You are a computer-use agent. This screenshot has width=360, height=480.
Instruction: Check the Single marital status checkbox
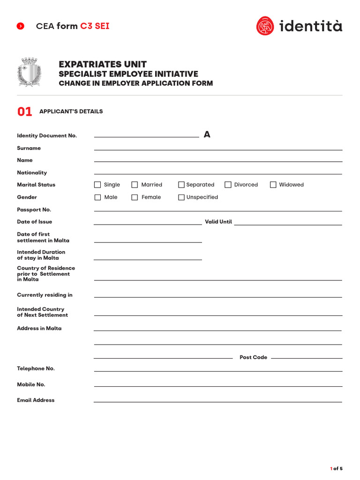pyautogui.click(x=97, y=185)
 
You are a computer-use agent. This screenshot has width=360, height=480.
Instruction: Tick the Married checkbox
pyautogui.click(x=135, y=185)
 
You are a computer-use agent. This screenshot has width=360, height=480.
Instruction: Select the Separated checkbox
pyautogui.click(x=181, y=185)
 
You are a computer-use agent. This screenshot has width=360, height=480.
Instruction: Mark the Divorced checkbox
pyautogui.click(x=228, y=185)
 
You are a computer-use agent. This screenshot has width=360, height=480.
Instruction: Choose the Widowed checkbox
pyautogui.click(x=273, y=185)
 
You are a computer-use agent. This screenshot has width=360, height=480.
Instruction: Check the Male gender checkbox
pyautogui.click(x=97, y=197)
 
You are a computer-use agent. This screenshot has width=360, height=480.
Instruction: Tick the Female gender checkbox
pyautogui.click(x=135, y=197)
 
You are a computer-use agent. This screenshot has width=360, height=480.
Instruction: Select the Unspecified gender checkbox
pyautogui.click(x=181, y=197)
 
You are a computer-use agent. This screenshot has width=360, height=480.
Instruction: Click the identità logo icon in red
pyautogui.click(x=265, y=26)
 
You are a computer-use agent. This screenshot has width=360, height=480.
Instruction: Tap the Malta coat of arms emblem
pyautogui.click(x=29, y=72)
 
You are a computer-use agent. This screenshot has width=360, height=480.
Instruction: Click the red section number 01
pyautogui.click(x=25, y=112)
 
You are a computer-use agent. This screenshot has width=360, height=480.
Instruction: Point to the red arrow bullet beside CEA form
pyautogui.click(x=21, y=26)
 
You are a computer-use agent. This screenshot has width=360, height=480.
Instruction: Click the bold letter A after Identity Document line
pyautogui.click(x=207, y=135)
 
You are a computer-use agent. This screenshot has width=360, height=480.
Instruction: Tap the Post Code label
pyautogui.click(x=253, y=357)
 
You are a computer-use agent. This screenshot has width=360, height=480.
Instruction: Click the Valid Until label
pyautogui.click(x=218, y=222)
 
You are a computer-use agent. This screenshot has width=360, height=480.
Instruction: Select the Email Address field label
pyautogui.click(x=36, y=400)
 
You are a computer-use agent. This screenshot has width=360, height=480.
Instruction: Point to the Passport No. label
pyautogui.click(x=34, y=210)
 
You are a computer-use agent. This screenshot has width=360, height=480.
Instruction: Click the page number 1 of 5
pyautogui.click(x=337, y=468)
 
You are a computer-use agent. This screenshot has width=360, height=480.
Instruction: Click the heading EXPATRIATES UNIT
pyautogui.click(x=103, y=64)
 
